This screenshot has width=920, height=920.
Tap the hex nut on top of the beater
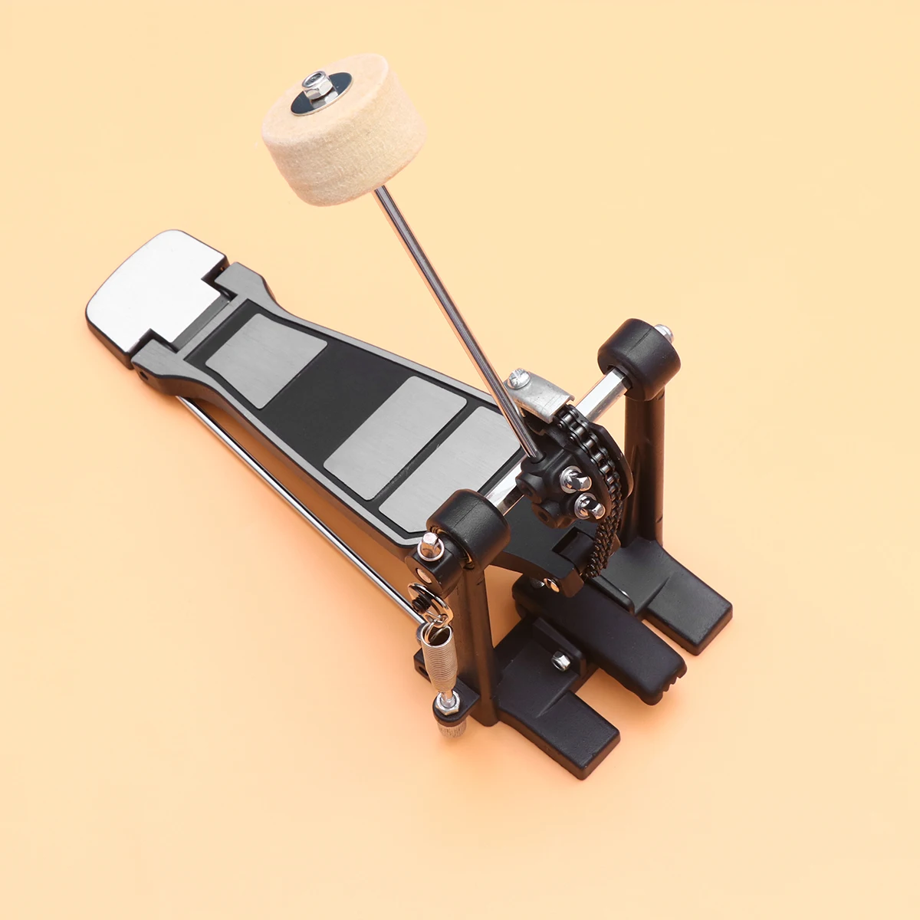(x=315, y=83)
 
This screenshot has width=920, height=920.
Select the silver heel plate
(x=153, y=287)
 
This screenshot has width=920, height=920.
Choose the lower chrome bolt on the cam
(x=588, y=505)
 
